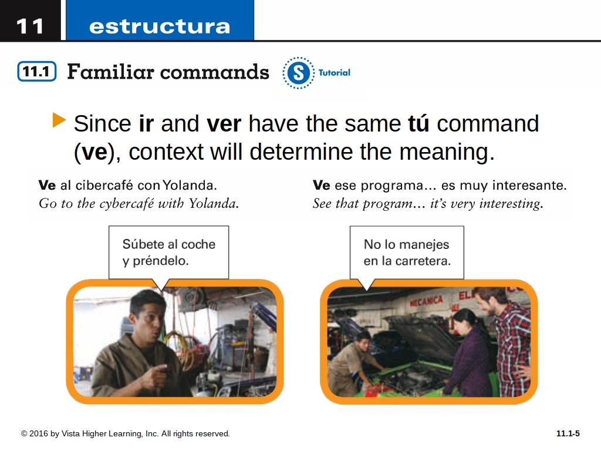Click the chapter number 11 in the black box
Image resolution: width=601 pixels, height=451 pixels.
pyautogui.click(x=29, y=26)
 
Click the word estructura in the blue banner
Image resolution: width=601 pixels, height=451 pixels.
pyautogui.click(x=160, y=26)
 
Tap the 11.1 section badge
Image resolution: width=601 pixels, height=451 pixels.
pyautogui.click(x=37, y=71)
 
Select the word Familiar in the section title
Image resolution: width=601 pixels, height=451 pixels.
pyautogui.click(x=110, y=71)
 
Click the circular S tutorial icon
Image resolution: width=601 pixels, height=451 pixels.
pyautogui.click(x=299, y=72)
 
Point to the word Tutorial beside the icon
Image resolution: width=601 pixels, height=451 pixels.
pyautogui.click(x=334, y=72)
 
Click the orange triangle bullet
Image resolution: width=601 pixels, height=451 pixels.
pyautogui.click(x=59, y=120)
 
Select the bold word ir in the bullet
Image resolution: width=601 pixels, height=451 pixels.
pyautogui.click(x=146, y=123)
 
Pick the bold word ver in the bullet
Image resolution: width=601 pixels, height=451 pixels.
pyautogui.click(x=224, y=124)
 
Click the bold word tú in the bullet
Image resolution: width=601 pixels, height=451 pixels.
pyautogui.click(x=418, y=123)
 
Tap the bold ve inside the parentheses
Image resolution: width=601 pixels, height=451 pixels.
pyautogui.click(x=94, y=152)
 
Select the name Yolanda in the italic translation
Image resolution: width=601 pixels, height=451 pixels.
pyautogui.click(x=214, y=203)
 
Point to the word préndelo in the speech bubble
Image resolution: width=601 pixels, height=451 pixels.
pyautogui.click(x=161, y=261)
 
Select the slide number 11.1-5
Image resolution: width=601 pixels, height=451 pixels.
pyautogui.click(x=568, y=433)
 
